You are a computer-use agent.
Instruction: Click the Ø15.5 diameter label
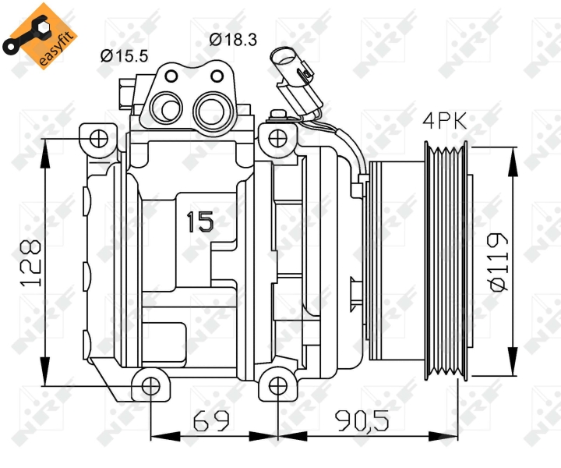click(124, 56)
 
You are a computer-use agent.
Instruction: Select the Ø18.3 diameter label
click(233, 39)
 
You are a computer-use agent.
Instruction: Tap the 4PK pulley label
click(445, 121)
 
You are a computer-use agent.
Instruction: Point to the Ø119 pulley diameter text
click(498, 262)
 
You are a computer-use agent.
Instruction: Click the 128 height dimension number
click(30, 263)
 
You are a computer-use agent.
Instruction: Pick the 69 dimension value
click(211, 420)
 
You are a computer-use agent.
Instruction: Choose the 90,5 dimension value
click(362, 420)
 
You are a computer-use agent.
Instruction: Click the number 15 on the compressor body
click(200, 222)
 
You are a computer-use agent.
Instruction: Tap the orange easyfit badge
click(40, 36)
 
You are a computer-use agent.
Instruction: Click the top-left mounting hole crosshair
click(99, 139)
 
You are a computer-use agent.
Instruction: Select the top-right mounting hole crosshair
click(277, 139)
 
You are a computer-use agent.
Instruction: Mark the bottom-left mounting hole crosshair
click(150, 386)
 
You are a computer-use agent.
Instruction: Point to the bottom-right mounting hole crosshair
click(277, 386)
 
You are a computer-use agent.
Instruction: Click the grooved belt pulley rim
click(446, 261)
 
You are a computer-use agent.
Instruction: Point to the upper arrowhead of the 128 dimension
click(45, 153)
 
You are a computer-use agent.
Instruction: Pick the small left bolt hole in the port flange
click(171, 76)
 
